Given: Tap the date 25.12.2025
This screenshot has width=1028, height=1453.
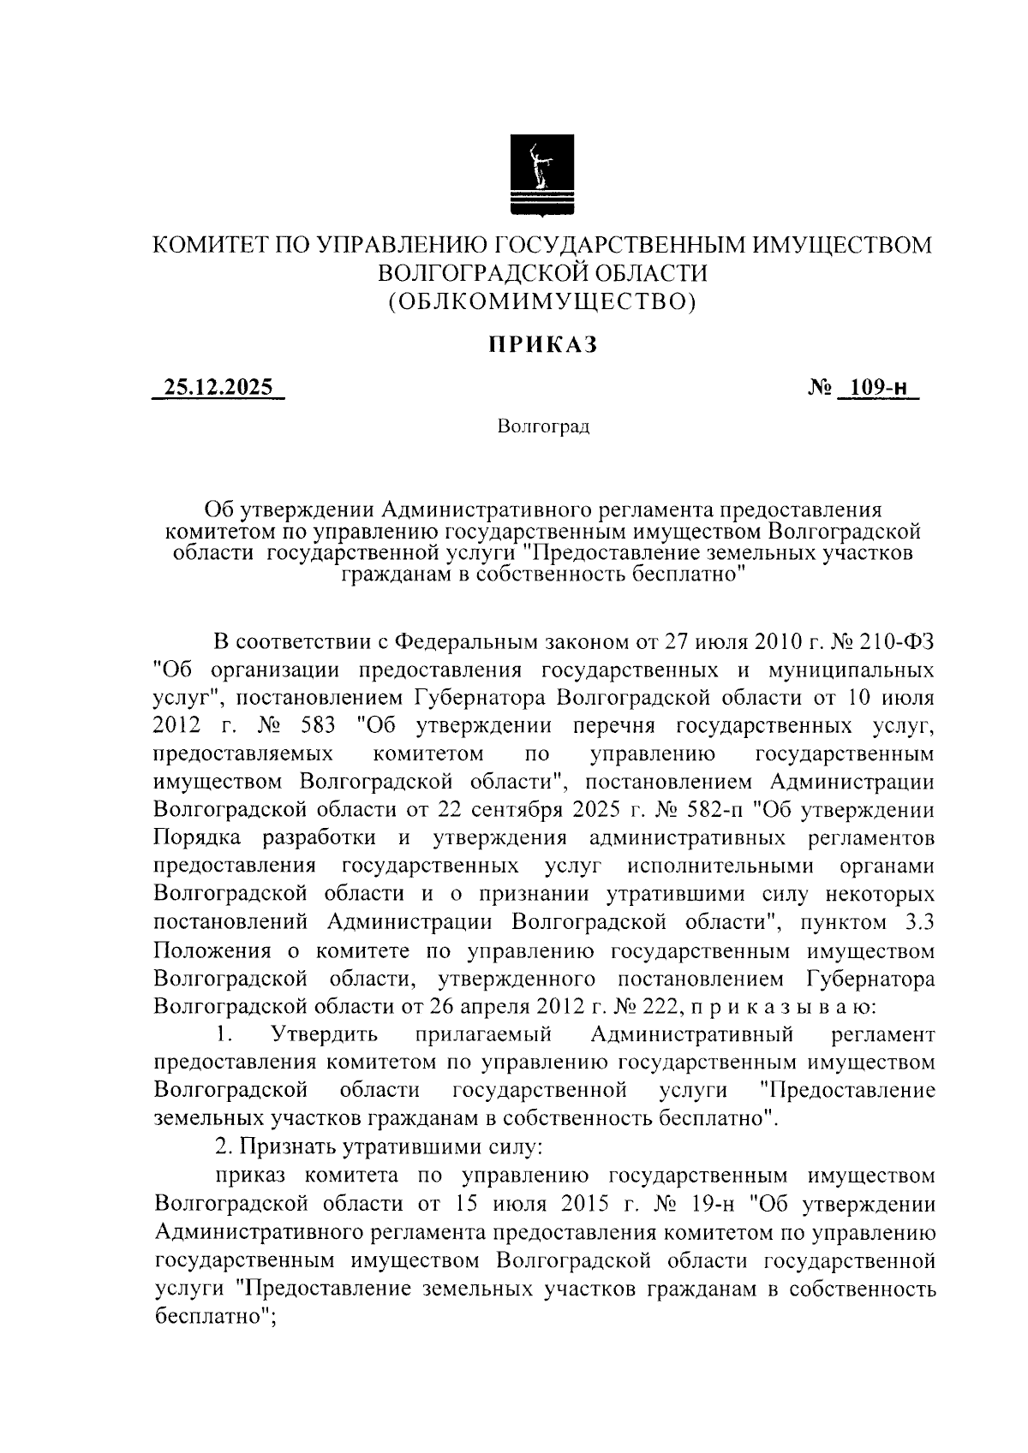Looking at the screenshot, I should tap(218, 388).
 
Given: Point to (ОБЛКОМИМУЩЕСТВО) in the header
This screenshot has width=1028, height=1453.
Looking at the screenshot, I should tap(541, 301).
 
